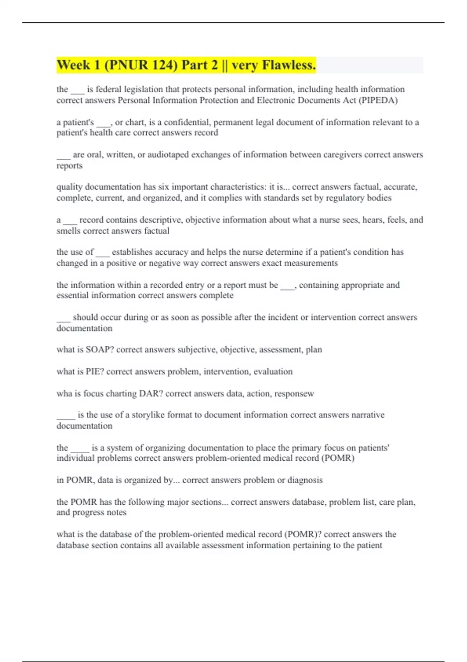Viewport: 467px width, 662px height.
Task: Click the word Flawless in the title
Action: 289,65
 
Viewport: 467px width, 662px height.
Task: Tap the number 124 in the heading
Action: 162,65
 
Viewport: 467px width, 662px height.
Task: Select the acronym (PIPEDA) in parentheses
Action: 378,100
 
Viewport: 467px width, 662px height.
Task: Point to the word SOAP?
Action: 100,350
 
